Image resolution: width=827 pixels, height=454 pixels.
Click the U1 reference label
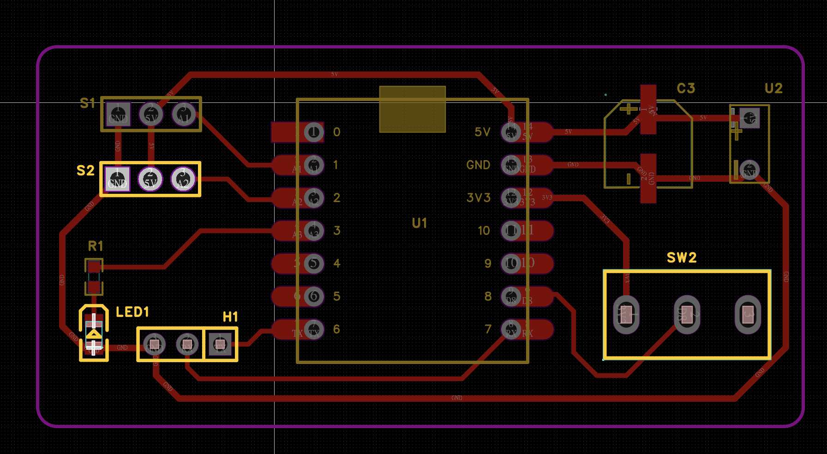pyautogui.click(x=419, y=223)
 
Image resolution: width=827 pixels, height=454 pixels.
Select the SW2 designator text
pyautogui.click(x=681, y=257)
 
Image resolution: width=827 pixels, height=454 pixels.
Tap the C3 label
pyautogui.click(x=686, y=88)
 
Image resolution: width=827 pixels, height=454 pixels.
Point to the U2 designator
pyautogui.click(x=773, y=88)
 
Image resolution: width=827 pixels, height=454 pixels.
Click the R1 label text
pyautogui.click(x=96, y=246)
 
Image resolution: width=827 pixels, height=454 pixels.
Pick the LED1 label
pyautogui.click(x=132, y=312)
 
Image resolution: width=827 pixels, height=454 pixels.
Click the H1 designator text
pyautogui.click(x=230, y=317)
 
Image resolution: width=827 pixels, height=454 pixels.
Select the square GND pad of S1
pyautogui.click(x=118, y=114)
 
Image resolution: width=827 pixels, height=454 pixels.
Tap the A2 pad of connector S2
pyautogui.click(x=183, y=179)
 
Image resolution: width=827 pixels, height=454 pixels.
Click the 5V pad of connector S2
pyautogui.click(x=150, y=179)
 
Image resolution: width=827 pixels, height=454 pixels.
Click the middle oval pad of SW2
pyautogui.click(x=687, y=315)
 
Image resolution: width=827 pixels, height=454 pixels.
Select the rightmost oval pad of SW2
pyautogui.click(x=748, y=315)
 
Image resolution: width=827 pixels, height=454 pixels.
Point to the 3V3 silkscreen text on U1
pyautogui.click(x=479, y=197)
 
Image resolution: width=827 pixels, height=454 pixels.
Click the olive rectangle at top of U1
pyautogui.click(x=412, y=109)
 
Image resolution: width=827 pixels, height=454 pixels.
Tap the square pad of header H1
pyautogui.click(x=220, y=344)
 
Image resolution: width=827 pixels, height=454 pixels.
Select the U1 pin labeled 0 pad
pyautogui.click(x=313, y=132)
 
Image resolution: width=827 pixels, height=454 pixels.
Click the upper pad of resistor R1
pyautogui.click(x=94, y=266)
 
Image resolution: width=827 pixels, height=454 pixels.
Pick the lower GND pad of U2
pyautogui.click(x=749, y=170)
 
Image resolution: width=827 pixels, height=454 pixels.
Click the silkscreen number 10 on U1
pyautogui.click(x=484, y=230)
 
